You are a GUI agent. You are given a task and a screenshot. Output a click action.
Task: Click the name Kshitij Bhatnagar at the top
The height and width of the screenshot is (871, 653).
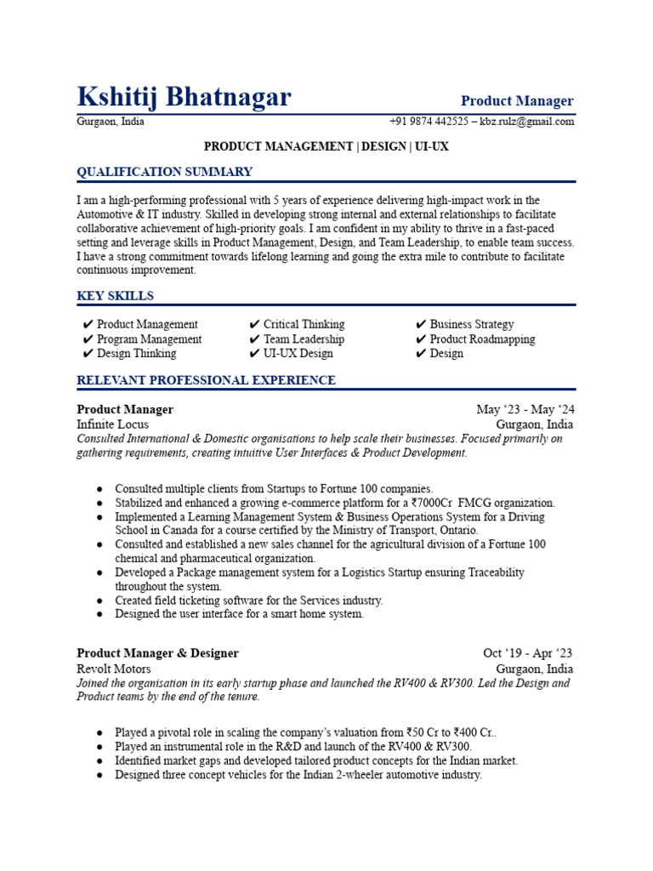pos(184,98)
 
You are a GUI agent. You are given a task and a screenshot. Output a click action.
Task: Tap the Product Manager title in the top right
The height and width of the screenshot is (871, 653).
pos(517,101)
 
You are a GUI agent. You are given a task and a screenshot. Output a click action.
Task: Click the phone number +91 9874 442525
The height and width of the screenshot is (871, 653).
pos(429,122)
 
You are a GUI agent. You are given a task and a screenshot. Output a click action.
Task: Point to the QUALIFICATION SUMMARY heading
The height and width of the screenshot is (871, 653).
pos(164,172)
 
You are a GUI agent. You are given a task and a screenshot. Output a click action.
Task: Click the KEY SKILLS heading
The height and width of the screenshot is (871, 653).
pos(116,296)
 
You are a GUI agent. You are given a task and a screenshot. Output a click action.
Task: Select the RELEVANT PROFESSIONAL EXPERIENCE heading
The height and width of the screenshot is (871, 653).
pos(206,380)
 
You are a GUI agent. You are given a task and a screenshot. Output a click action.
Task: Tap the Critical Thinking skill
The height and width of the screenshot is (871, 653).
pos(304,324)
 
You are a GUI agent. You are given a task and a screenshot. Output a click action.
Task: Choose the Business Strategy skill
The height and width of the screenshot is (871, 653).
pos(471,324)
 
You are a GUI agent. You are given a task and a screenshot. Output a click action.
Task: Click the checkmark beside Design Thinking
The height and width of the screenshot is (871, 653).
pos(88,354)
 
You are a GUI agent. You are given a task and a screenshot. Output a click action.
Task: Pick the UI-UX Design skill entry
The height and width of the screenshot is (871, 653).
pos(298,354)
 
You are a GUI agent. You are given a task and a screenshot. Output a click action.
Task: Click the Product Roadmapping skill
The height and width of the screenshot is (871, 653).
pos(482,339)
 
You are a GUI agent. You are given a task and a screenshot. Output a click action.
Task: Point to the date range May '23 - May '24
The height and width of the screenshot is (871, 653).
pos(525,410)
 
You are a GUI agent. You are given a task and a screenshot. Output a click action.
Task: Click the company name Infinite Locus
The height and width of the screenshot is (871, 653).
pos(112,424)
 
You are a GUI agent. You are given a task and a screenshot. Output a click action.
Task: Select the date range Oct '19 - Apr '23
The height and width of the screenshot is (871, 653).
pos(527,653)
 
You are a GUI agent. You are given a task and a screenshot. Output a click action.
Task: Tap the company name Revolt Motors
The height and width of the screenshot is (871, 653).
pos(114,669)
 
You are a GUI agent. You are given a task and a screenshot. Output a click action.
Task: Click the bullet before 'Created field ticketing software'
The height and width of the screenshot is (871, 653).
pos(100,601)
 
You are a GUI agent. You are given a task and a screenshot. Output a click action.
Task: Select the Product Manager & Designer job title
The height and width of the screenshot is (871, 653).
pos(157,653)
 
